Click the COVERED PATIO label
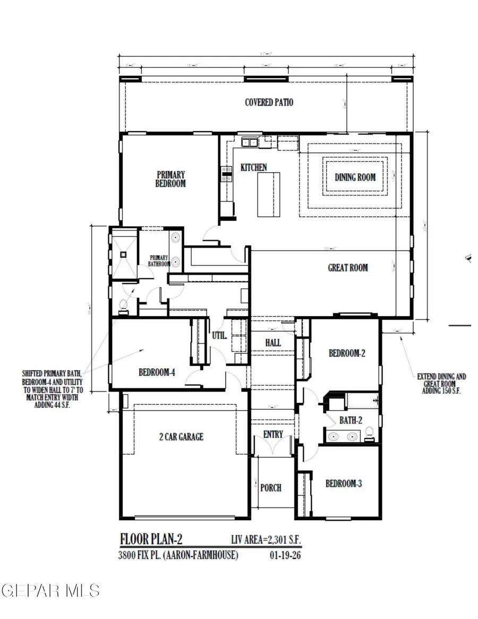(x=269, y=102)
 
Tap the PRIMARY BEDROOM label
(x=170, y=179)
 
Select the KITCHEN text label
(x=254, y=167)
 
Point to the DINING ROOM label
(x=355, y=177)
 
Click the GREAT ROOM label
(x=347, y=268)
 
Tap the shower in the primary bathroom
(x=124, y=254)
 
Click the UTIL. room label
(x=220, y=336)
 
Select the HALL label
(x=273, y=343)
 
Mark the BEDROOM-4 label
(x=157, y=372)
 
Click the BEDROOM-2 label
(x=347, y=353)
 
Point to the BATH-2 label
(x=351, y=420)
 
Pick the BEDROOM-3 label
(x=344, y=484)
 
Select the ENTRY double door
(x=273, y=448)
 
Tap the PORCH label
(x=271, y=488)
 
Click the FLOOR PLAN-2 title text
(x=151, y=539)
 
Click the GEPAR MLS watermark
(x=51, y=590)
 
